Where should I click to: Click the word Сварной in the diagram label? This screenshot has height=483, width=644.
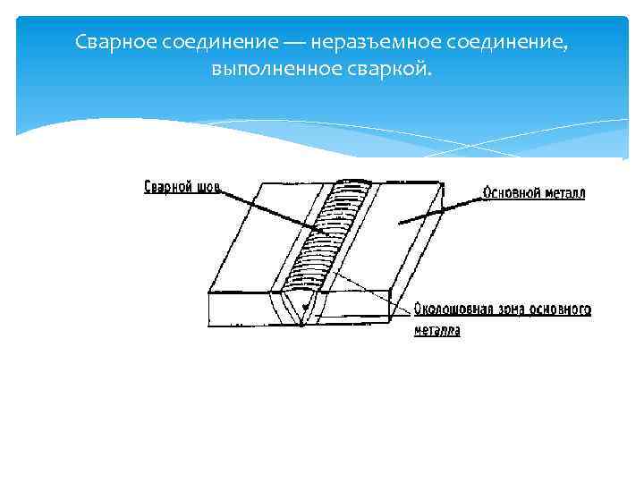169,188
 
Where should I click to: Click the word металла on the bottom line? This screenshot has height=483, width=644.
437,332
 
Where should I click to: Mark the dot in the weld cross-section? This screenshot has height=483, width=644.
308,306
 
